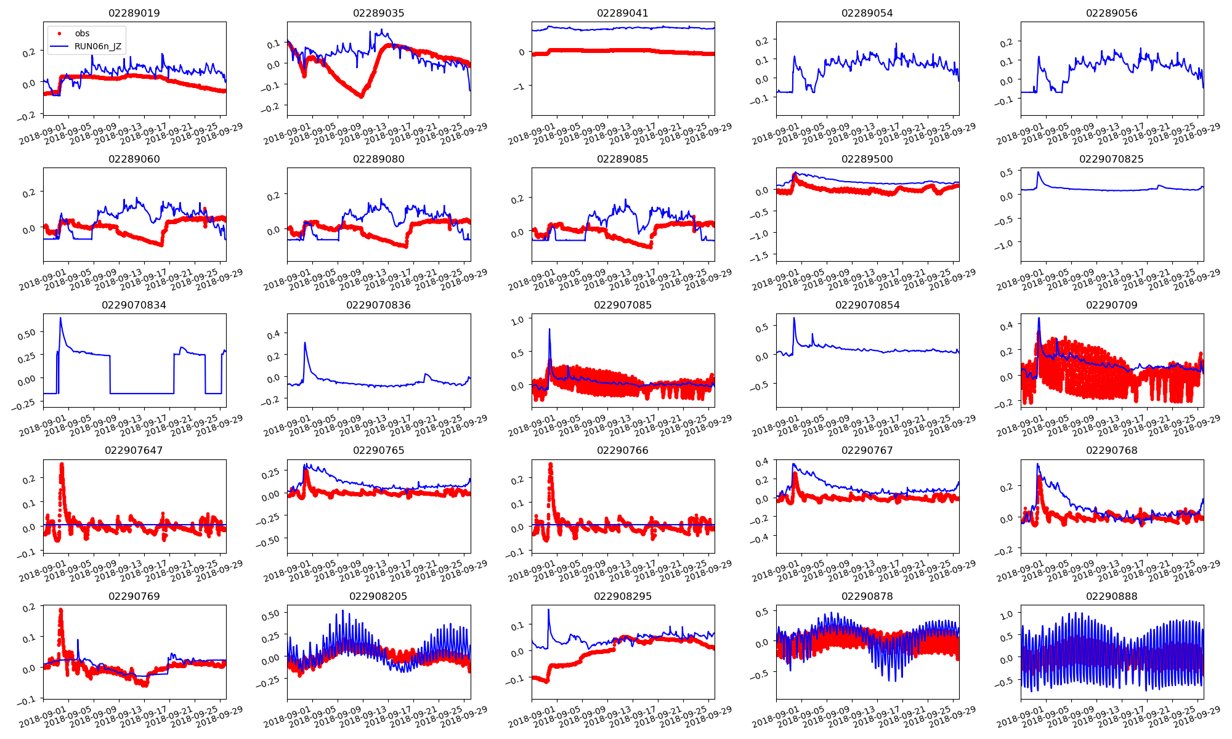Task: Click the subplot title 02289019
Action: point(134,13)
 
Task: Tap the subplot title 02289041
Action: point(622,13)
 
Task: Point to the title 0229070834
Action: point(134,305)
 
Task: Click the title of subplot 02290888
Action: point(1111,596)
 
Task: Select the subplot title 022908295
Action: point(622,596)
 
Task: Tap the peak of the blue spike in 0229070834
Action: point(60,318)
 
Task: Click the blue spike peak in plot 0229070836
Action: point(305,342)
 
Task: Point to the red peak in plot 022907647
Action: point(62,464)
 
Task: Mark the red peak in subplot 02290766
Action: point(550,464)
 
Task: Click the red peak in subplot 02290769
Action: point(60,610)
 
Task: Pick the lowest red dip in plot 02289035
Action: point(361,96)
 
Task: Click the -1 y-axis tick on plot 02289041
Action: point(521,87)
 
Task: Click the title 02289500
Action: point(867,159)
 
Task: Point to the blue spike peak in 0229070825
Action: point(1038,172)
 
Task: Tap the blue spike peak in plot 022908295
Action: point(548,610)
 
